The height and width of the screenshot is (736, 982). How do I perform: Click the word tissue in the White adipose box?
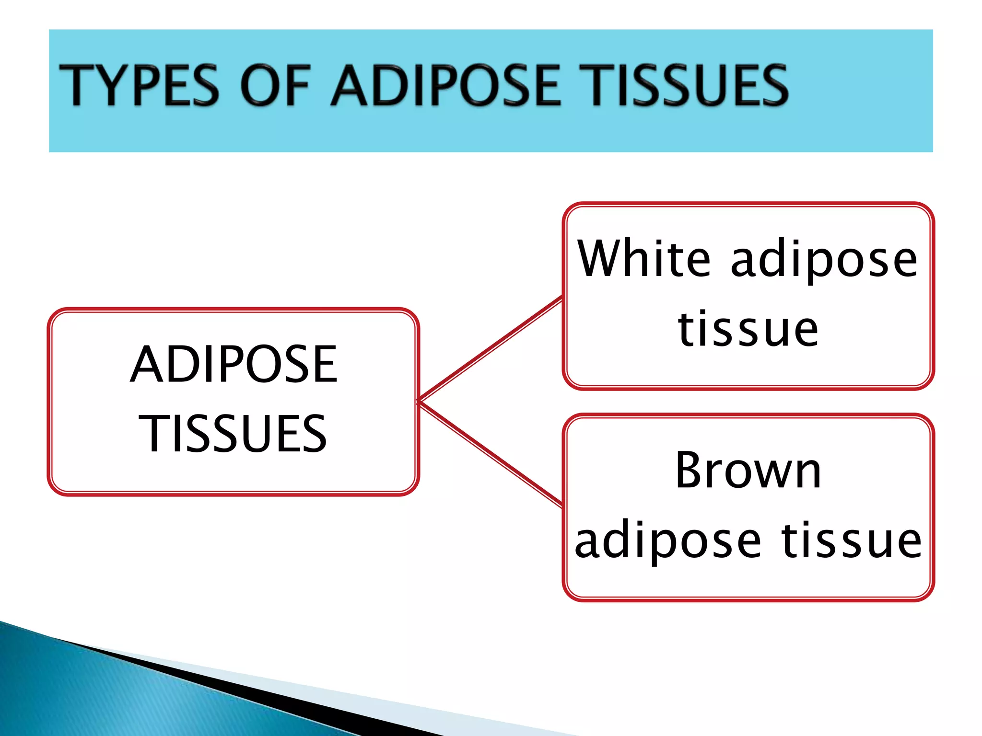click(x=748, y=329)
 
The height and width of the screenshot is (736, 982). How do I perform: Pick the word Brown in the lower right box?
click(x=748, y=471)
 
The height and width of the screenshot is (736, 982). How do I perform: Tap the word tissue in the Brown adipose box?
click(x=852, y=540)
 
